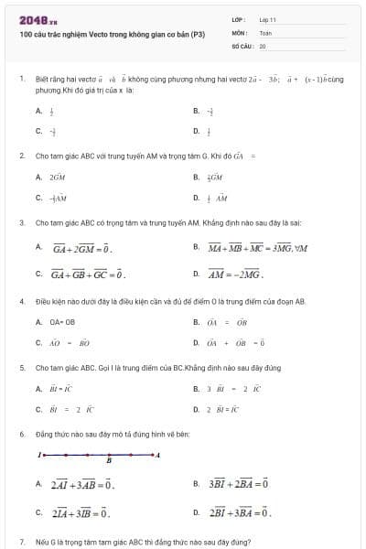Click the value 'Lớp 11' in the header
[267, 19]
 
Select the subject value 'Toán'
[265, 32]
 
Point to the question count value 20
[263, 45]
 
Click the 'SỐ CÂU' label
[242, 45]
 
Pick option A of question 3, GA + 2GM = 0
[81, 247]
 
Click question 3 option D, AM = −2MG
[235, 273]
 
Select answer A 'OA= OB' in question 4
[61, 322]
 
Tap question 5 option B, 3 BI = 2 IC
[234, 389]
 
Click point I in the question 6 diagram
[39, 454]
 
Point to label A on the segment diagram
[159, 454]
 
